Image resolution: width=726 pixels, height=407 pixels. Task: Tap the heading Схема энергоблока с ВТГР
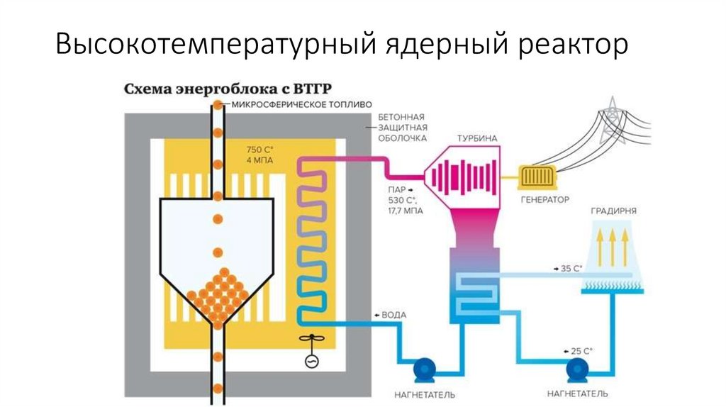click(238, 90)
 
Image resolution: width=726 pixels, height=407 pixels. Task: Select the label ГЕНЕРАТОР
click(544, 200)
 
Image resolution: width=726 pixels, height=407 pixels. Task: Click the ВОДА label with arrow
click(389, 314)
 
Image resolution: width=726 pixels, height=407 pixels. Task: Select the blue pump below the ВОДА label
click(426, 369)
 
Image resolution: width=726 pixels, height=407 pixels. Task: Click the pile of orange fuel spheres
click(218, 295)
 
